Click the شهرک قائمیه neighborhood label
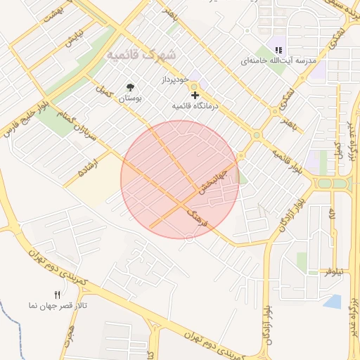pyautogui.click(x=143, y=54)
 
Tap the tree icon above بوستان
pyautogui.click(x=130, y=87)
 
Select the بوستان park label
pyautogui.click(x=129, y=99)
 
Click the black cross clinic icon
pyautogui.click(x=195, y=95)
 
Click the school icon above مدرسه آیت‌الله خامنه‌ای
pyautogui.click(x=278, y=50)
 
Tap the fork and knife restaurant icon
pyautogui.click(x=57, y=295)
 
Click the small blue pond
pyautogui.click(x=333, y=302)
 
